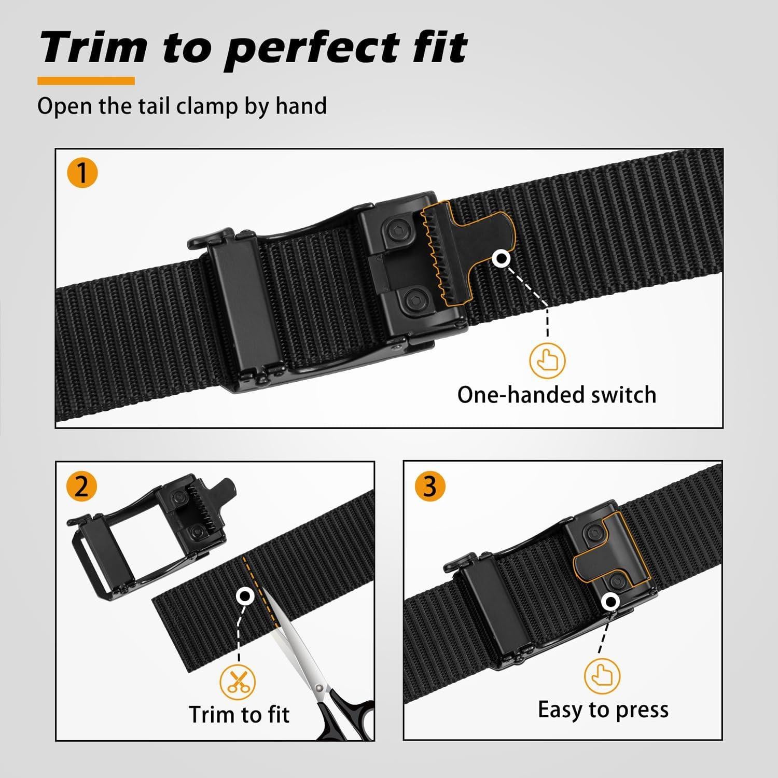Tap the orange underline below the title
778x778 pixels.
pos(86,81)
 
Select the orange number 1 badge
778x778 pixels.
pos(82,173)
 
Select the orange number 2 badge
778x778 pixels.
pos(81,487)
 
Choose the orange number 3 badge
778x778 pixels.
pos(430,487)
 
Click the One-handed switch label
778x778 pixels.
pos(557,395)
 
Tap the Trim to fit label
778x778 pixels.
pos(239,714)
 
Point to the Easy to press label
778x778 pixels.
pos(603,709)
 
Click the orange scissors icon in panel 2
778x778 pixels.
pos(238,681)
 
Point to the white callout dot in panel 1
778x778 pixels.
pos(502,259)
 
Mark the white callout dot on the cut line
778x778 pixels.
pos(244,595)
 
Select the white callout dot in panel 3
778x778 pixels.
pos(612,602)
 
